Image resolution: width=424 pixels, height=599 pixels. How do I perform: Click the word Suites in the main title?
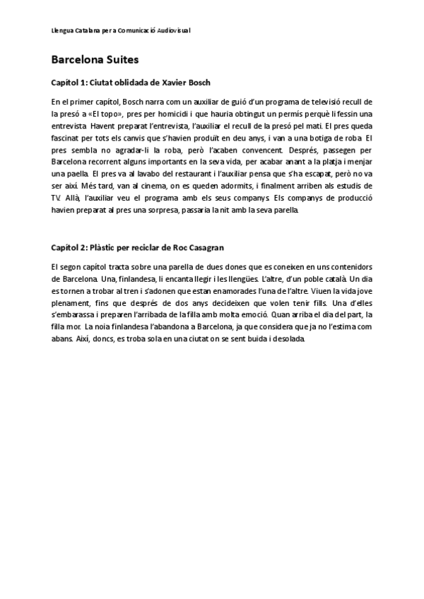[x=119, y=59]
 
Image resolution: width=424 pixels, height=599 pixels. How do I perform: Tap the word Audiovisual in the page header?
[x=172, y=31]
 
